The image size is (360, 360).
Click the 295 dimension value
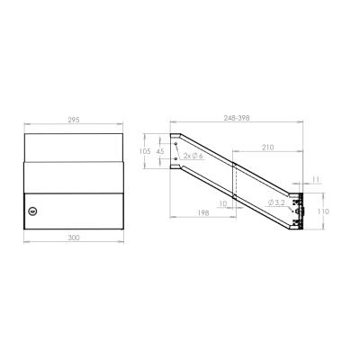pos(74,120)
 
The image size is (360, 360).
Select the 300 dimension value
pos(74,238)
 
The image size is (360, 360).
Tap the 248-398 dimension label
pos(237,118)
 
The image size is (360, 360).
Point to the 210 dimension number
pos(268,148)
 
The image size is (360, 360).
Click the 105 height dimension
pos(145,151)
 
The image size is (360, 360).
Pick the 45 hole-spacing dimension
pos(160,151)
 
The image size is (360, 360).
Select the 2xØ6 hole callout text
pos(193,156)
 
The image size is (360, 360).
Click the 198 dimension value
pos(203,212)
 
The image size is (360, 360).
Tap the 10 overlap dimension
pos(223,204)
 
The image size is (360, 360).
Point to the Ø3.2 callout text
pos(276,202)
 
